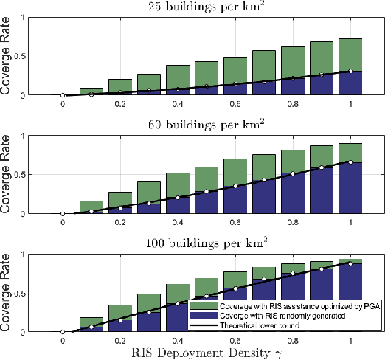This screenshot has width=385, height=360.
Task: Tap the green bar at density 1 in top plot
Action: point(352,55)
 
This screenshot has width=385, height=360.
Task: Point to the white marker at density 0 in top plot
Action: point(63,95)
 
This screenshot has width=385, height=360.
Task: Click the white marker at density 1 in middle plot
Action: point(352,162)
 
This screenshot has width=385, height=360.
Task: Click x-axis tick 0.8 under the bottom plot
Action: point(294,340)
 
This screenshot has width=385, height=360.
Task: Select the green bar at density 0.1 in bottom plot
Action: point(92,321)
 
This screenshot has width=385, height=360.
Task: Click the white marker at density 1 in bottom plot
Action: point(352,262)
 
